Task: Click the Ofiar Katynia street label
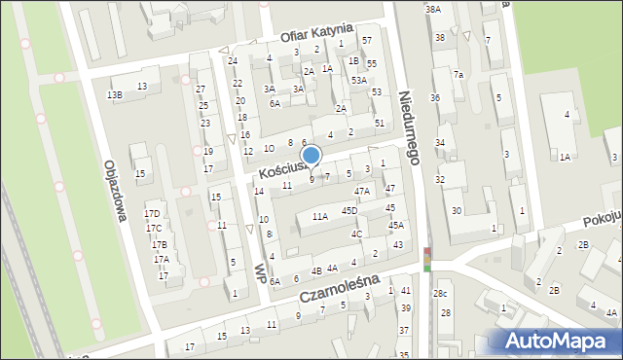tap(315, 34)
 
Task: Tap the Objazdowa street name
tap(110, 186)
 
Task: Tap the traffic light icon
tap(426, 260)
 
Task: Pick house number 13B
tap(115, 94)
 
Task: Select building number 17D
tap(153, 214)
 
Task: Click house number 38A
tap(433, 9)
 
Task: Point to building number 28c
tap(441, 293)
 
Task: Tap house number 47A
tap(362, 192)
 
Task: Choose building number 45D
tap(349, 210)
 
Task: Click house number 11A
tap(320, 218)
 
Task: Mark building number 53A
tap(359, 80)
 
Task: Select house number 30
tap(457, 210)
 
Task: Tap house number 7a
tap(458, 75)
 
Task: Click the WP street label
tap(260, 269)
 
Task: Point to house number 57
tap(367, 40)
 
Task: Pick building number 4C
tap(357, 234)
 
